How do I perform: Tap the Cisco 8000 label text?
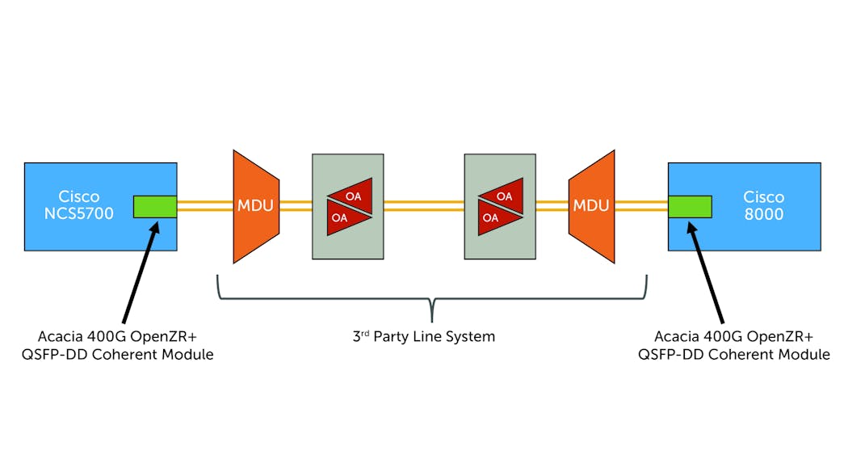pyautogui.click(x=764, y=205)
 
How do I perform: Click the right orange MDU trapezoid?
pyautogui.click(x=591, y=206)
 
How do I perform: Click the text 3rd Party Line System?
pyautogui.click(x=424, y=336)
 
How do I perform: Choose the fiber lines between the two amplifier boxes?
pyautogui.click(x=423, y=206)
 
